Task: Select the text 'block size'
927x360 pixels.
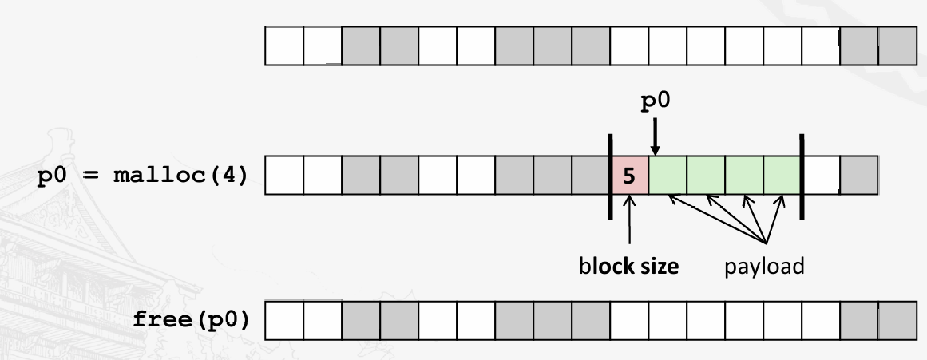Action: [x=630, y=266]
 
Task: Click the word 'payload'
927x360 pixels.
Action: [x=765, y=266]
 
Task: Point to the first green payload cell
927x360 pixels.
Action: [x=668, y=176]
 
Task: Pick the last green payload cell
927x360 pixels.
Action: [x=782, y=176]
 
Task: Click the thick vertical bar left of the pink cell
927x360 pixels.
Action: [x=609, y=176]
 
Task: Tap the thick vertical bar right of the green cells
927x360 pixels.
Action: [x=802, y=176]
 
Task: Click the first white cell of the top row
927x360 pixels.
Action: [x=284, y=46]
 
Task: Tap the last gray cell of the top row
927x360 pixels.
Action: [x=897, y=46]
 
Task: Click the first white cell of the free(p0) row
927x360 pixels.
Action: [x=284, y=322]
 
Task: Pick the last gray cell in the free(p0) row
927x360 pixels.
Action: [x=897, y=322]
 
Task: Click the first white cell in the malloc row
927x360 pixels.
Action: [x=284, y=176]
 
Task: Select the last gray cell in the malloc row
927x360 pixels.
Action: [x=859, y=176]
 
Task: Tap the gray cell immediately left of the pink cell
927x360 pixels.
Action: [x=591, y=176]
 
